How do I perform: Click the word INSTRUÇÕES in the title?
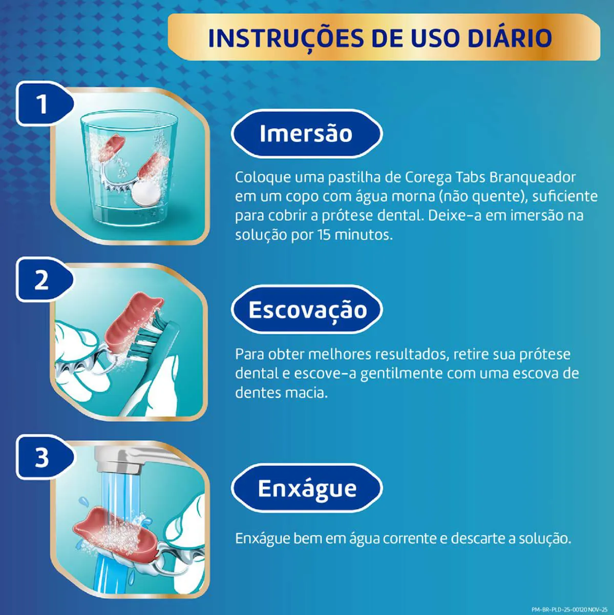point(286,38)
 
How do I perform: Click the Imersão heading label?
point(307,133)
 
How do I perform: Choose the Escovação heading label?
point(307,309)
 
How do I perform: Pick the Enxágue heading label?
point(307,488)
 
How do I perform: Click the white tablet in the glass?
point(147,195)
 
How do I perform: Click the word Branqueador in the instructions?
point(533,177)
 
